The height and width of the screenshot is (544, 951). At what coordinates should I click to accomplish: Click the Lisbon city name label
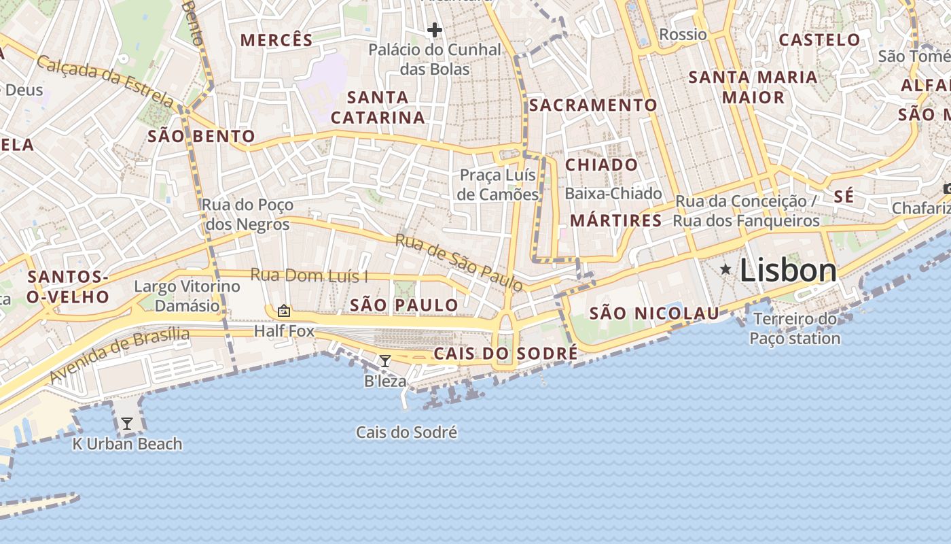click(788, 271)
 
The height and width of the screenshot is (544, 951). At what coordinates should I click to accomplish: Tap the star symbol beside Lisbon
click(725, 270)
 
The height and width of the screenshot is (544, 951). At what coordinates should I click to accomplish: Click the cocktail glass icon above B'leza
click(384, 361)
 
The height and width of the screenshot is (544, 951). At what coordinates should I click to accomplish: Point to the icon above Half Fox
click(284, 311)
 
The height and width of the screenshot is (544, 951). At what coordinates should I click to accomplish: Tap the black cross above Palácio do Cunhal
click(435, 30)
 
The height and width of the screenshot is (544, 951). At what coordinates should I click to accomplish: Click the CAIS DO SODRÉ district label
click(505, 354)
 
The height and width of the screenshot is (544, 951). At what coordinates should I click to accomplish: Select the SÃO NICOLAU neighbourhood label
click(654, 313)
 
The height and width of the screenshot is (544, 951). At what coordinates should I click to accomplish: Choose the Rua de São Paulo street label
click(459, 263)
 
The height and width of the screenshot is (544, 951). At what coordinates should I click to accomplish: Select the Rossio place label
click(683, 35)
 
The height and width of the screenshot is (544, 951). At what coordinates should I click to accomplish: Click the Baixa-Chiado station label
click(613, 194)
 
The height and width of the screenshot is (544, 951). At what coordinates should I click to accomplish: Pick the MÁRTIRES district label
click(615, 220)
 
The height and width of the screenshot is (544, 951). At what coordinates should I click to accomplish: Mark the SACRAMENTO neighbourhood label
click(593, 105)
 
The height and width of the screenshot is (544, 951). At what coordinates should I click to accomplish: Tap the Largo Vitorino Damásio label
click(187, 296)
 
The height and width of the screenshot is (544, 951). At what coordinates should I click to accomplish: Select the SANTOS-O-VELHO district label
click(68, 287)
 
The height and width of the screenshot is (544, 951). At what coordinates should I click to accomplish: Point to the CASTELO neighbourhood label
click(819, 40)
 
